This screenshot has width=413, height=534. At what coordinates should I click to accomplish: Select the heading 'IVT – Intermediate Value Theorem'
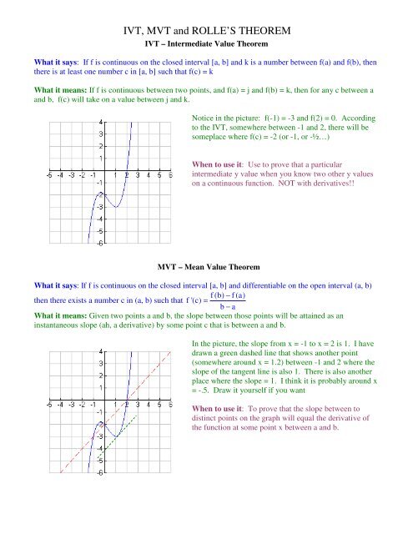(x=206, y=43)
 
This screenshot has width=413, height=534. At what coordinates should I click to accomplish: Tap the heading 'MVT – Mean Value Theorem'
(x=206, y=267)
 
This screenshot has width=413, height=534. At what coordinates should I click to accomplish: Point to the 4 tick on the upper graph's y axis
(x=101, y=121)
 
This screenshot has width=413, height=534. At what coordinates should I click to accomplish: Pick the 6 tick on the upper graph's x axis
(x=170, y=175)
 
